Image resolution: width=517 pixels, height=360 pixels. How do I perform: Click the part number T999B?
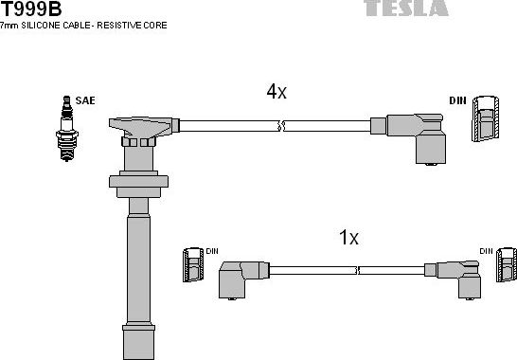click(x=31, y=9)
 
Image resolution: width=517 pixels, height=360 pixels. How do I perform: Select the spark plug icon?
click(x=66, y=128)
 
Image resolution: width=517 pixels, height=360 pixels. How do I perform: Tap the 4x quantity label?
click(x=276, y=92)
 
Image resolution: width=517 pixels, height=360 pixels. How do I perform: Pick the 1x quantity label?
click(x=348, y=238)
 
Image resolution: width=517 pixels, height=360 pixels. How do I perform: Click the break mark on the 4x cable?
click(x=279, y=125)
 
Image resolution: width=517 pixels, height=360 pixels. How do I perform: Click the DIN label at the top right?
click(x=456, y=100)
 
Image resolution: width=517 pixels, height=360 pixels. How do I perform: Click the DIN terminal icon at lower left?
click(x=193, y=265)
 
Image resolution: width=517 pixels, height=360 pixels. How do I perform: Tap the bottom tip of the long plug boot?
click(x=137, y=340)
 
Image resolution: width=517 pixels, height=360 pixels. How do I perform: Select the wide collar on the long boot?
click(x=138, y=182)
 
